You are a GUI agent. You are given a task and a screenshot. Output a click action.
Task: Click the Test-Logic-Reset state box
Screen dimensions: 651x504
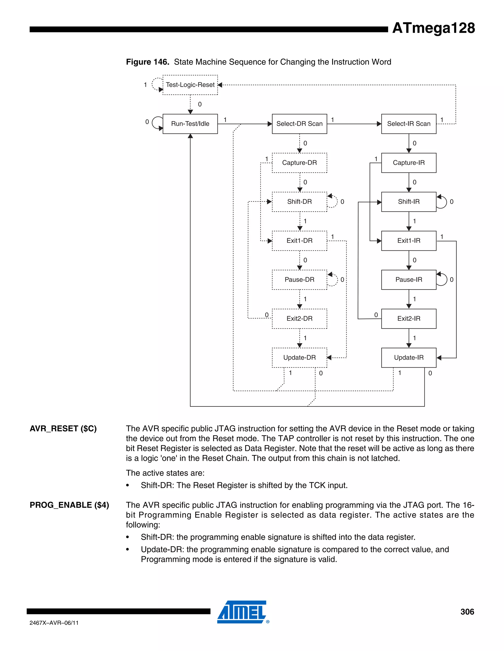tap(190, 85)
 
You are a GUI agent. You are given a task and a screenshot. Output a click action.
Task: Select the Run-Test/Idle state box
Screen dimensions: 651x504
tap(190, 124)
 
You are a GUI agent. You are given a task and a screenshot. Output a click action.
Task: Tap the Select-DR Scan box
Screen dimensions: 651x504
tap(299, 124)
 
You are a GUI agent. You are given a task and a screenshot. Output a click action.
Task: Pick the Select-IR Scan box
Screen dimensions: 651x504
tap(409, 124)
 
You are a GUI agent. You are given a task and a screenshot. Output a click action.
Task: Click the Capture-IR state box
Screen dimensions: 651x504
tap(409, 163)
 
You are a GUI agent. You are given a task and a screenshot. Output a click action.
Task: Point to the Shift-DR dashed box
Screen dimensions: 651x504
tap(299, 202)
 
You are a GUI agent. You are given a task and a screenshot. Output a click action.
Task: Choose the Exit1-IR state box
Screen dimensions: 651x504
tap(409, 241)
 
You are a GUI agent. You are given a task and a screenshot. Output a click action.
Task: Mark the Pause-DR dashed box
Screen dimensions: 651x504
tap(299, 280)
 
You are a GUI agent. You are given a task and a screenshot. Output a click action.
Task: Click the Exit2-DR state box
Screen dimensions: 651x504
tap(299, 319)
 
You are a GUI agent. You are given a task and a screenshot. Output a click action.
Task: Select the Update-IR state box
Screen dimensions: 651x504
tap(409, 357)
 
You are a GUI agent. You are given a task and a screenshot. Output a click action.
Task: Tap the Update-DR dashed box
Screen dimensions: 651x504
tap(299, 357)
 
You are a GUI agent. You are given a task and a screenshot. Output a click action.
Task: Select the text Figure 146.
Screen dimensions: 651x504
tap(147, 62)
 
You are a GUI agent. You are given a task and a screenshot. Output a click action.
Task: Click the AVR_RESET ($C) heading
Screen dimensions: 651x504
tap(63, 429)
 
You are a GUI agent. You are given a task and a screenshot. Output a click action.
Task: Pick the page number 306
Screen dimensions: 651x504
tap(467, 612)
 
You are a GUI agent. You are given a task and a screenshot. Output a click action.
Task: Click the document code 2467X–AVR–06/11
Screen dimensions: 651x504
tap(54, 623)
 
